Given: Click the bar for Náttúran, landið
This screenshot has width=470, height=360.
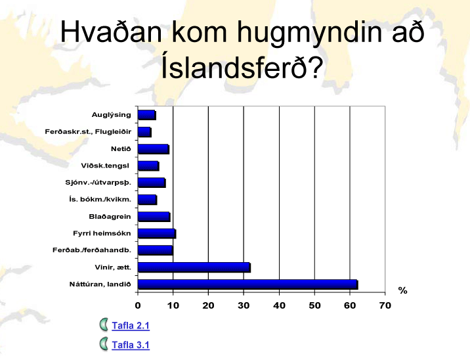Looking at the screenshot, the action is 248,284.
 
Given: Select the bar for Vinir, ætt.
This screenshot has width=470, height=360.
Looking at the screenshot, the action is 194,267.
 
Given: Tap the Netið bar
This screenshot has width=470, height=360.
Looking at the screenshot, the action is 154,149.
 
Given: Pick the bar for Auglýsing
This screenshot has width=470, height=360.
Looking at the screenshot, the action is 147,115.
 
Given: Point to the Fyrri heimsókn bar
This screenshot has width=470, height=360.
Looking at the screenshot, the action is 157,233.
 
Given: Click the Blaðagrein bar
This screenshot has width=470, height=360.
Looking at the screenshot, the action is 154,217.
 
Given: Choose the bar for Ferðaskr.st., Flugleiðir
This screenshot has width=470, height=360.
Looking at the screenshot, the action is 145,132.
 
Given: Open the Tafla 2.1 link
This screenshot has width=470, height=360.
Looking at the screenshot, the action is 131,325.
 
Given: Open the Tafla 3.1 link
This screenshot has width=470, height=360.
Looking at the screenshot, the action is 131,345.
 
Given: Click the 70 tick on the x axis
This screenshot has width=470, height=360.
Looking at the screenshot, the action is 385,305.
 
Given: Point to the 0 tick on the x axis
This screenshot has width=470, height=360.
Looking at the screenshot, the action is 138,305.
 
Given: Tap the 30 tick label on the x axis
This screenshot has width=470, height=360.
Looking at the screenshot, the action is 244,305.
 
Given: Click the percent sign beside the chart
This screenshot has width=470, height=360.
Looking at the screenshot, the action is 402,290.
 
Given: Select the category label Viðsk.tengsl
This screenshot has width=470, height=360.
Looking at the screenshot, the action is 105,166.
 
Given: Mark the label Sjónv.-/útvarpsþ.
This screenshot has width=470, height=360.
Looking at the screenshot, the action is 98,183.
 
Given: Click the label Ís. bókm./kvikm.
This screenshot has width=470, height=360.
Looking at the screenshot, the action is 100,200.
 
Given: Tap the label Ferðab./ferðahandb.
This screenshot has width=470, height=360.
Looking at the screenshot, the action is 92,250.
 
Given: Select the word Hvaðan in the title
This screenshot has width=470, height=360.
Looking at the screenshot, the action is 111,32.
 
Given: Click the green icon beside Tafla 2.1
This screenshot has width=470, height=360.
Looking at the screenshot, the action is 104,325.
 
